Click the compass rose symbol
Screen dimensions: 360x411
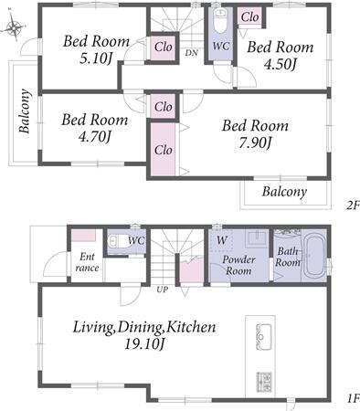point(14,26)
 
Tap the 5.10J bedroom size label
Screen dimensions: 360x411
point(95,58)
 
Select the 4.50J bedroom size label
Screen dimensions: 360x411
point(280,64)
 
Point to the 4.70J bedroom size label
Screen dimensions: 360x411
point(94,137)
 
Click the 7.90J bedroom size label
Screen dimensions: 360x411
point(255,142)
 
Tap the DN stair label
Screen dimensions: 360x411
point(192,53)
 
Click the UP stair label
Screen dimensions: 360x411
point(162,290)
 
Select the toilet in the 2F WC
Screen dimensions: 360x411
point(220,20)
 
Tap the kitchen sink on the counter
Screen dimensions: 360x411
point(264,337)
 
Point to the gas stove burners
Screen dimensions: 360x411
point(264,382)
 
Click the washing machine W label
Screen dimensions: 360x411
point(222,240)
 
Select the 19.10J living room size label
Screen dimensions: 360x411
point(144,344)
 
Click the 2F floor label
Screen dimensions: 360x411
point(353,205)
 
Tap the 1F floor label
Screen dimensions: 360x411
point(354,398)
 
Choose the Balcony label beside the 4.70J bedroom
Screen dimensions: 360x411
point(25,111)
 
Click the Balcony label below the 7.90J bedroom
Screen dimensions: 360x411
point(284,192)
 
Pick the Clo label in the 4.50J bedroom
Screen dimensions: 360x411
point(249,17)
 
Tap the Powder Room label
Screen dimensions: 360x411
point(238,265)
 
